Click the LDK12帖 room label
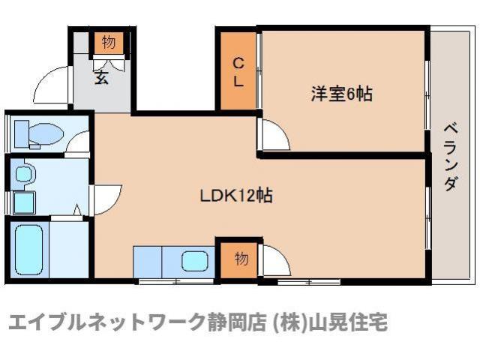(x=235, y=196)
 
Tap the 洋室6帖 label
(x=343, y=95)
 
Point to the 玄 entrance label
(x=101, y=76)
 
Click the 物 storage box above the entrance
(x=108, y=43)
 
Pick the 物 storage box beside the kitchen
(x=241, y=259)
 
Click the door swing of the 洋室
(x=274, y=136)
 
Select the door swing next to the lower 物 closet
(x=276, y=262)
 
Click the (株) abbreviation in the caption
(x=287, y=324)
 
